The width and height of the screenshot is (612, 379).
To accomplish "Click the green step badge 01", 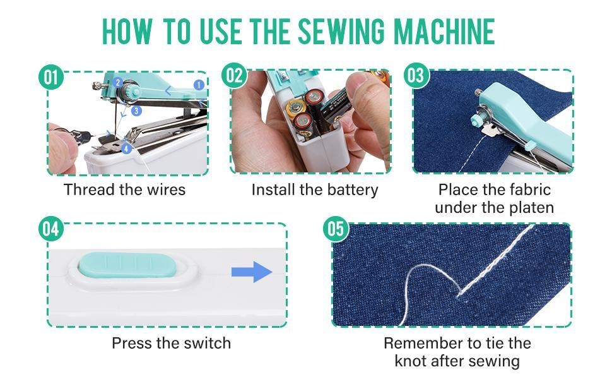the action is (x=51, y=77).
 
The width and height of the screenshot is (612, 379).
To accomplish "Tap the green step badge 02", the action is (x=234, y=75).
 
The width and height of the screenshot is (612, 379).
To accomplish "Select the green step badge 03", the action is (x=416, y=75).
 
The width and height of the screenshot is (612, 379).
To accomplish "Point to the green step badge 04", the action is (x=51, y=229).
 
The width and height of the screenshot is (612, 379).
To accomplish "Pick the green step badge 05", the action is (x=336, y=229).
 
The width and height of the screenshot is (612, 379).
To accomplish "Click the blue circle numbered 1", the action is (x=199, y=85).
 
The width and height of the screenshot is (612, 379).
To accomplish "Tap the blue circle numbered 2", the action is (x=118, y=83).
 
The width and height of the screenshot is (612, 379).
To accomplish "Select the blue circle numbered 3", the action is (x=136, y=111).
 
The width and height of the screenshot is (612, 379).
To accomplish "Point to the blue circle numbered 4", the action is (x=126, y=148).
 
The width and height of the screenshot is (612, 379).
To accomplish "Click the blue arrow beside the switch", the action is (x=252, y=272).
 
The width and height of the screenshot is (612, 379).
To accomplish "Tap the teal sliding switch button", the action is (x=127, y=265).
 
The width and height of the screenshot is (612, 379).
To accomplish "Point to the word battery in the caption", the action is (x=353, y=190).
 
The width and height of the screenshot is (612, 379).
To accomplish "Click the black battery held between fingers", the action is (x=335, y=108).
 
